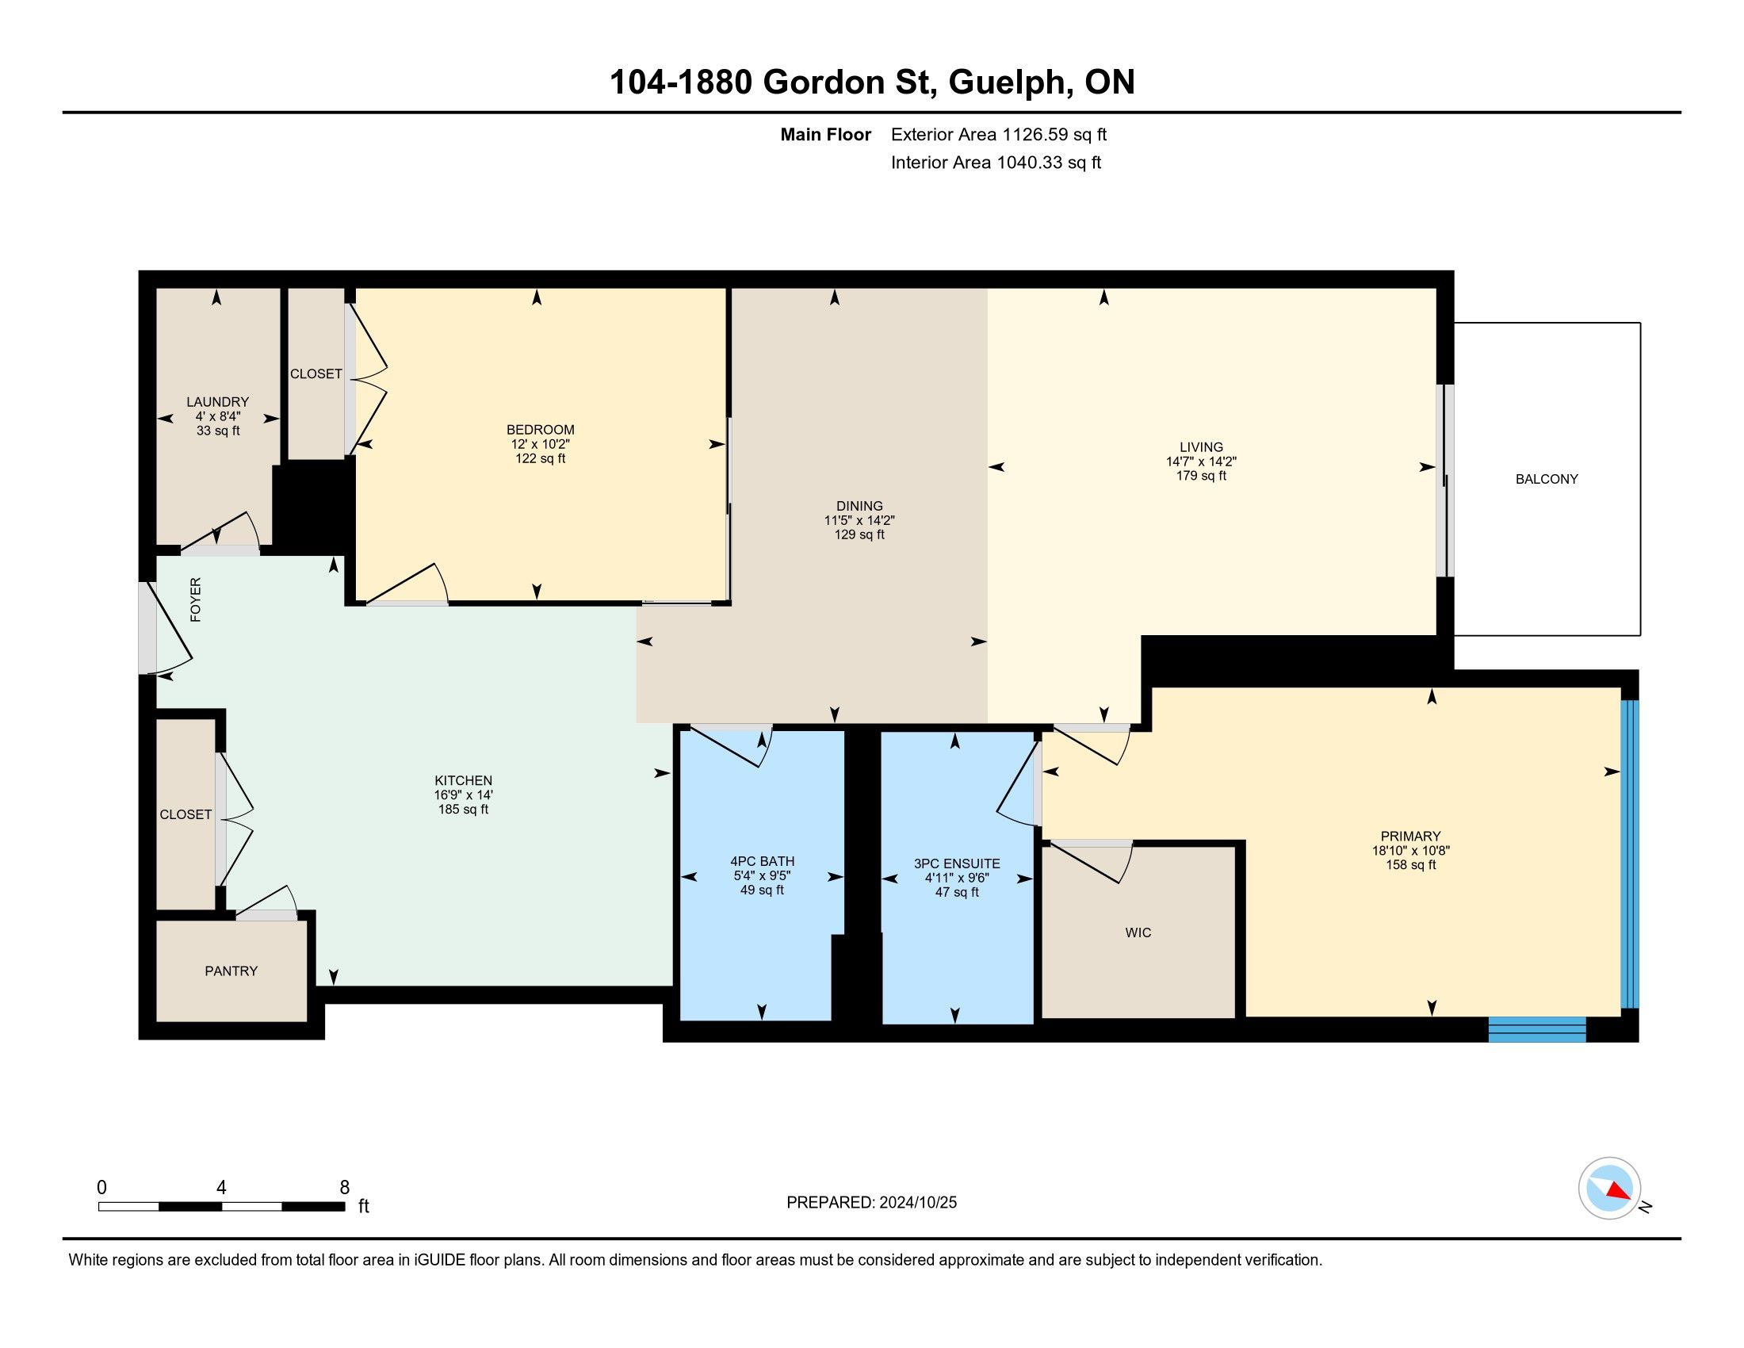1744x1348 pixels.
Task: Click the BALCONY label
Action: (x=1547, y=479)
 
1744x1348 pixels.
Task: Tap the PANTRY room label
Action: (x=231, y=971)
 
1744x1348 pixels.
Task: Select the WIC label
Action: (x=1138, y=932)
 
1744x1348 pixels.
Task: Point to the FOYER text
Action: (x=196, y=599)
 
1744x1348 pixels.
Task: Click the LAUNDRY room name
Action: (x=218, y=402)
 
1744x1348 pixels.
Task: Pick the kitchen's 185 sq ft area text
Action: (x=463, y=809)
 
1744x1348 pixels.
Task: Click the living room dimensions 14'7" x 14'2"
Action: (x=1201, y=461)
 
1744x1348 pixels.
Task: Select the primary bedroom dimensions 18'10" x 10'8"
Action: (x=1411, y=852)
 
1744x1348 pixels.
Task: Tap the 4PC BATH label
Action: (x=763, y=861)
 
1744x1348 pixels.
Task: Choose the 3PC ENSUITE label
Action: (x=957, y=864)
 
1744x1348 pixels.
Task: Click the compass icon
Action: (x=1610, y=1188)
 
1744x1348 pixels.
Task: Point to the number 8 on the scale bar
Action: (x=345, y=1188)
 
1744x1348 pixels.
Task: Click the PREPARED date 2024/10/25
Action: (x=916, y=1203)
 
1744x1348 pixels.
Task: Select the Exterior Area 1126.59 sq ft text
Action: (x=999, y=135)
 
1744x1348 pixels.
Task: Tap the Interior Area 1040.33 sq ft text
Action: (x=996, y=163)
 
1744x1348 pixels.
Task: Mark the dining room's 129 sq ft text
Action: (x=859, y=534)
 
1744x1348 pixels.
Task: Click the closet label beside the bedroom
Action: (x=316, y=373)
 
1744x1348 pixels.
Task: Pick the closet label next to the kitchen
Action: (x=186, y=814)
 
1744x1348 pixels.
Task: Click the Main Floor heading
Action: (x=826, y=135)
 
